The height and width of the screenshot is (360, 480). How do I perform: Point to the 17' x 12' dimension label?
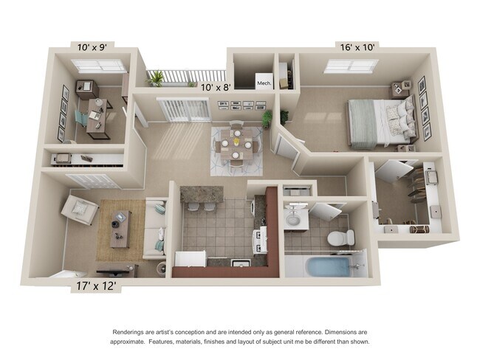97,283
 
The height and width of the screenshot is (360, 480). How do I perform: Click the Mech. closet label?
264,83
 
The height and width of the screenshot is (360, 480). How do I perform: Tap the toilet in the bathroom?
341,238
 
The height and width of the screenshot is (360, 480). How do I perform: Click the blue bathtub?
326,265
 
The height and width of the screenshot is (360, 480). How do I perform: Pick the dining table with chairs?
236,144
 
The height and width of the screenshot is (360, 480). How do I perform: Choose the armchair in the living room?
80,209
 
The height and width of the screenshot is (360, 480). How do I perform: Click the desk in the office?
96,114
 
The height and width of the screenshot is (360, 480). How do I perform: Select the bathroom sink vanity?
298,217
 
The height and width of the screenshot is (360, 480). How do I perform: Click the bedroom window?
351,66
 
